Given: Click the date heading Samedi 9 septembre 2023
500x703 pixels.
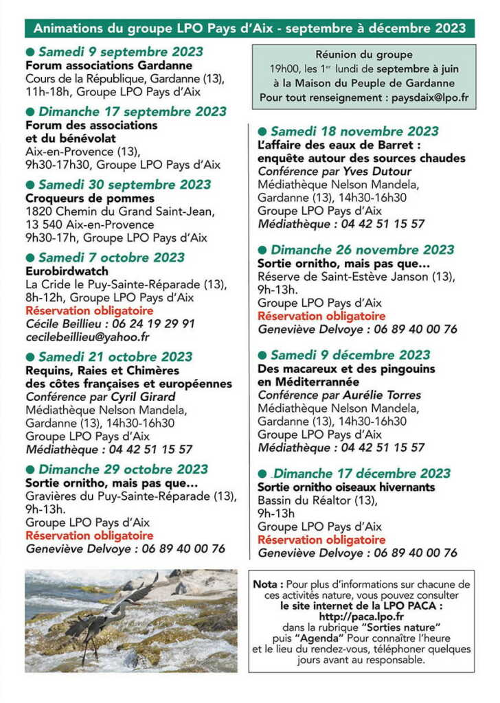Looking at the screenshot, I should point(121,52).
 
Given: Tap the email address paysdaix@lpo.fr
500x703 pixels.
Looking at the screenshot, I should point(430,98).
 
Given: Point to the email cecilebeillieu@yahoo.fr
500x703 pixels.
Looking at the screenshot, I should point(87,337).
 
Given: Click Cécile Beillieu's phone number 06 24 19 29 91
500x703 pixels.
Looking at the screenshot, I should point(151,324).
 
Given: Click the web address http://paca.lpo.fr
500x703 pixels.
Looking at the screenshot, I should point(360,617).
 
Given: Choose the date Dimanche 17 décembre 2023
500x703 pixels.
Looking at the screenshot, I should point(362,474).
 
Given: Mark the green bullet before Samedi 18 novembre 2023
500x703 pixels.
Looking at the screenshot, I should point(262,132).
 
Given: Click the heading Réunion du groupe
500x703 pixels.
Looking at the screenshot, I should point(364,54).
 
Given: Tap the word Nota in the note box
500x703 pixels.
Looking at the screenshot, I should point(269,585).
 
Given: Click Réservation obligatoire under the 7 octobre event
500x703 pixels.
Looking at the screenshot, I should point(89,311).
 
